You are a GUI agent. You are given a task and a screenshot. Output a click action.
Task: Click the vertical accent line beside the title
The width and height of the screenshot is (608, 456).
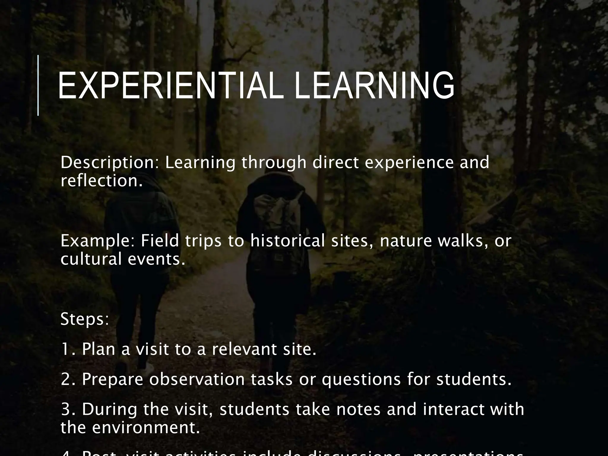(38, 85)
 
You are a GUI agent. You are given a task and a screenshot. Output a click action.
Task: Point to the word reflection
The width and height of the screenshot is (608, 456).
(101, 181)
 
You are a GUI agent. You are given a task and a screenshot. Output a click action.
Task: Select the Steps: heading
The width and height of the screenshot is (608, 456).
(85, 319)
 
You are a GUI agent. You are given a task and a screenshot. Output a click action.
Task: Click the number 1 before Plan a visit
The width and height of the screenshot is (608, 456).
(65, 349)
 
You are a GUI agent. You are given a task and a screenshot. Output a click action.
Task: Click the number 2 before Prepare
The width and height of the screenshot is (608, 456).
(66, 379)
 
